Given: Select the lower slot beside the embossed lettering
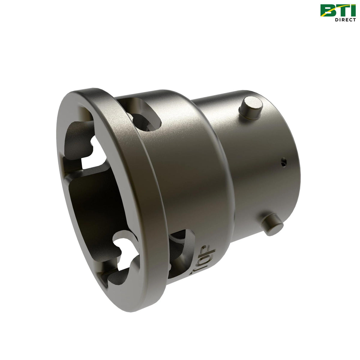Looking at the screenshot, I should click(180, 252).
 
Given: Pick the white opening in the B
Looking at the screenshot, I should click(328, 8).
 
